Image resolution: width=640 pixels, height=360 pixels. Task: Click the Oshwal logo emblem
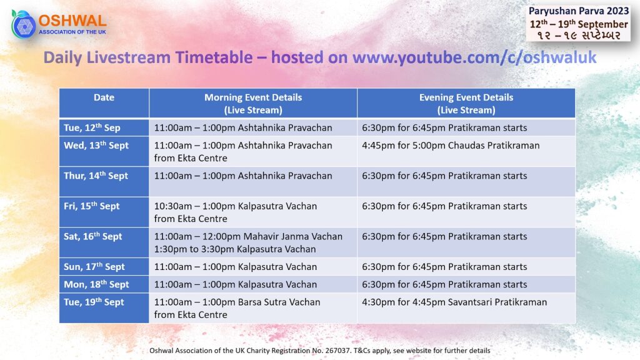coord(23,24)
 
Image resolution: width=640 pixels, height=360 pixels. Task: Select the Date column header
coord(104,97)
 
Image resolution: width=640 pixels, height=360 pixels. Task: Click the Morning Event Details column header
coord(253,104)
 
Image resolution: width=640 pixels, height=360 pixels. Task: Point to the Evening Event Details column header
coord(466,104)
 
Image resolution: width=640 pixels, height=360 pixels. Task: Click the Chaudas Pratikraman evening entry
coord(451,146)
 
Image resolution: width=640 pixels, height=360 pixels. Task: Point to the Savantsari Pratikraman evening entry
coord(454,302)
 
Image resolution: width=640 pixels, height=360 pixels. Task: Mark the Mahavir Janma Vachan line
coord(248,236)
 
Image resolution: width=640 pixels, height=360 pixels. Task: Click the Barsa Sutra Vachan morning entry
coord(237,308)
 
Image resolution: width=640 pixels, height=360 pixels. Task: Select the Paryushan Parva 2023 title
coord(579,11)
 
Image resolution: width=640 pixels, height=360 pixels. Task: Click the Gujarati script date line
coord(579,36)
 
